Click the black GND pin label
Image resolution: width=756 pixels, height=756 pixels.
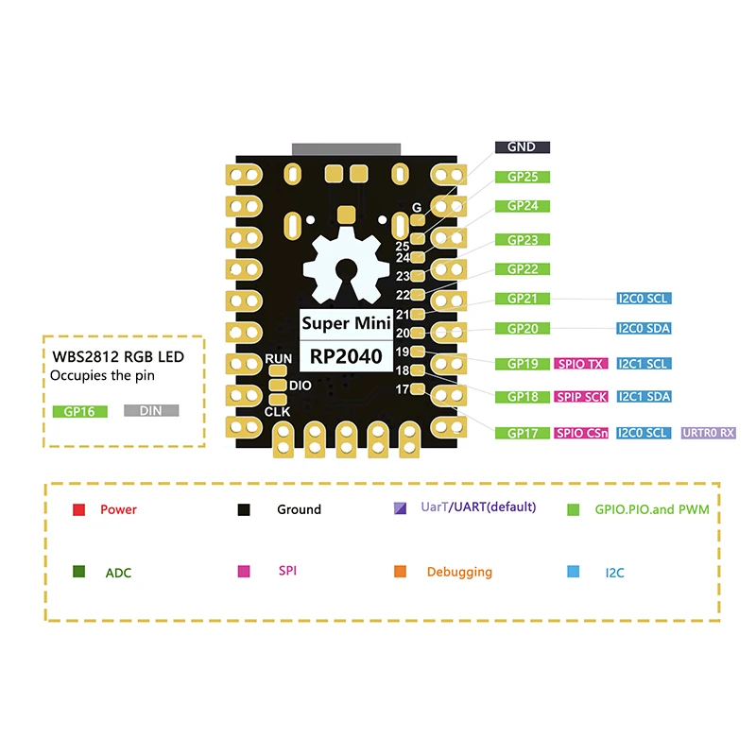[522, 147]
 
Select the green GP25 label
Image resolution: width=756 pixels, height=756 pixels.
[522, 177]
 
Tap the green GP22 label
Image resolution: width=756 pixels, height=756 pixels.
[522, 269]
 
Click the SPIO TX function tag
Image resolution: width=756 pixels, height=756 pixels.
[580, 364]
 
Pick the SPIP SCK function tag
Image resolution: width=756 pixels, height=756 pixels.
[580, 397]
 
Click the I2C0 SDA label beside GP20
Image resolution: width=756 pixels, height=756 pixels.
[643, 329]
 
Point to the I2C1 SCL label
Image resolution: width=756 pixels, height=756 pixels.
[643, 364]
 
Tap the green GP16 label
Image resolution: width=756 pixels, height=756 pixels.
[79, 412]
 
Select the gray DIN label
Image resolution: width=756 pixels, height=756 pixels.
[150, 412]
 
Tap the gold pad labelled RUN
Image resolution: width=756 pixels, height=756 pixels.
[278, 371]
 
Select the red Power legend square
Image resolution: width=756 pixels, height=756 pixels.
[79, 509]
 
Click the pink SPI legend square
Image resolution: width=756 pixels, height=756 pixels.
[243, 572]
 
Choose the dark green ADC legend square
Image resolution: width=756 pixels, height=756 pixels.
[79, 572]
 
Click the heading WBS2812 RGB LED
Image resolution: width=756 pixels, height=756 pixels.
[116, 357]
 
